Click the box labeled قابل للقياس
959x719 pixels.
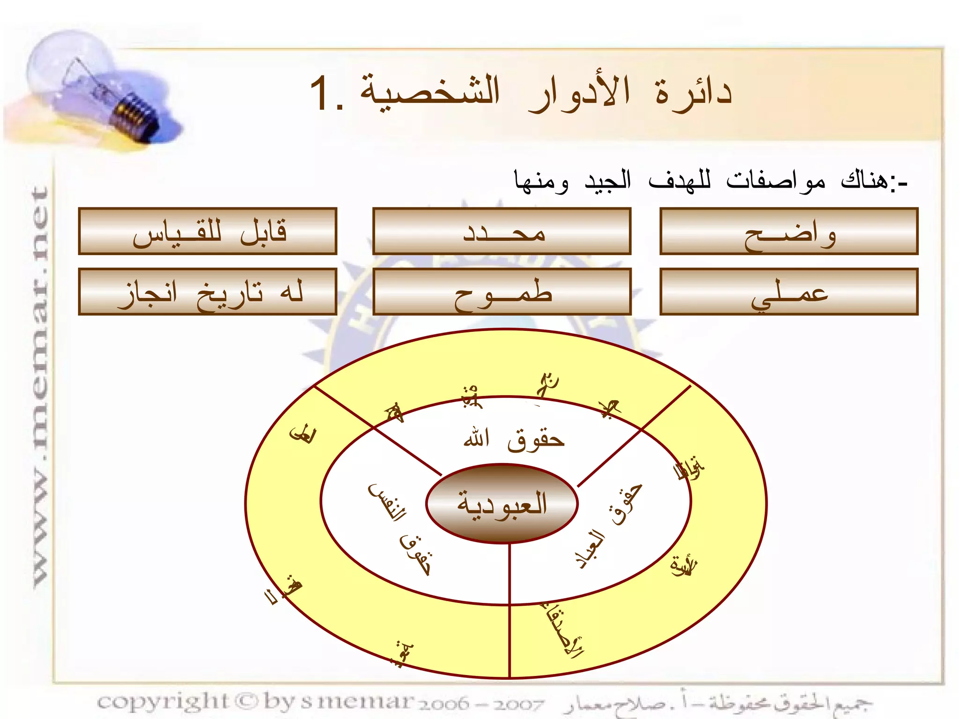tap(207, 231)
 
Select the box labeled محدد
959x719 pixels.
tap(502, 231)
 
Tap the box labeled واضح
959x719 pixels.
tap(789, 231)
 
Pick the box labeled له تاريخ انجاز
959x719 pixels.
tap(207, 292)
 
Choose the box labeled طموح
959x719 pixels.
tap(502, 292)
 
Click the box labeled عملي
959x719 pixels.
tap(789, 292)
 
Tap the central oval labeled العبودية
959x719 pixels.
tap(502, 504)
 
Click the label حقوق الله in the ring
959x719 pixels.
tap(514, 440)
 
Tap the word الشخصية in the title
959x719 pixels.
tap(430, 91)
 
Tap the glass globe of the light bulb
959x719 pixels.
tap(66, 66)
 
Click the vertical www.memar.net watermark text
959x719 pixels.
tap(41, 384)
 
